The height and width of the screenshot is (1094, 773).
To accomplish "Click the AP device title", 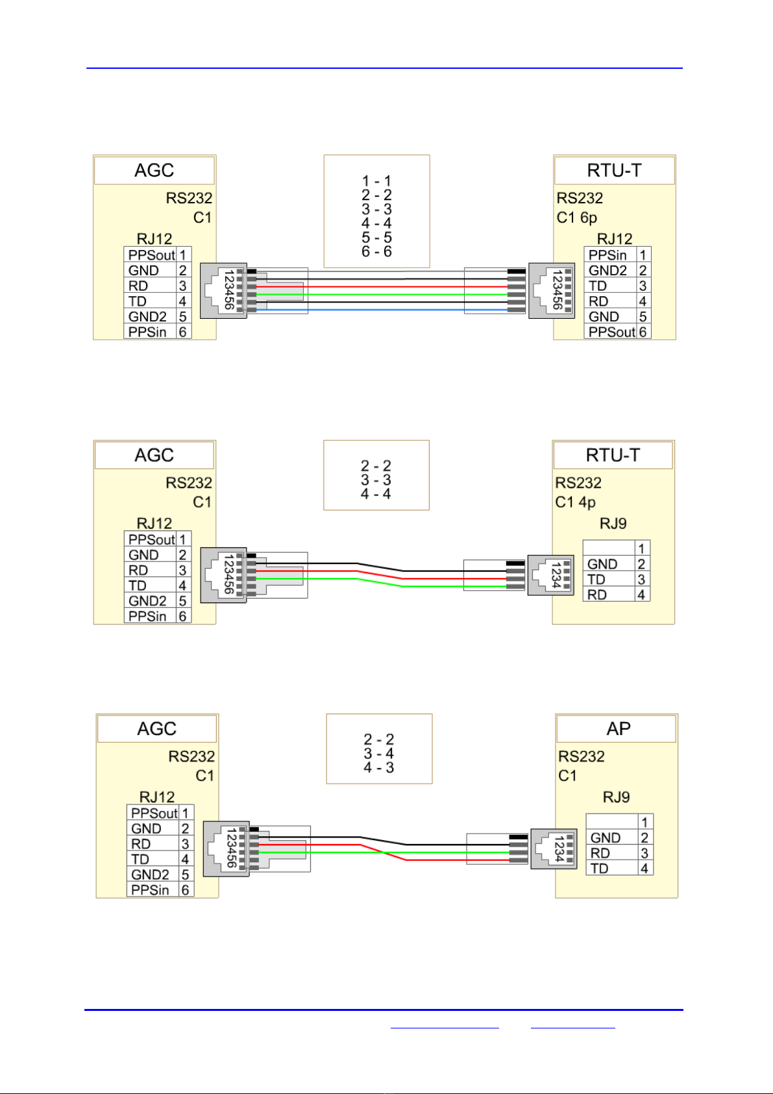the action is pos(618,728).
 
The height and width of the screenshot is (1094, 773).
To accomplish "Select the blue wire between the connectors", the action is pos(382,310).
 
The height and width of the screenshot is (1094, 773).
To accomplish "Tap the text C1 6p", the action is pos(577,218).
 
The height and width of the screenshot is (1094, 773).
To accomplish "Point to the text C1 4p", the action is pos(575,502).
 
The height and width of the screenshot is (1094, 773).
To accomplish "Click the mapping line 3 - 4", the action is pos(378,753).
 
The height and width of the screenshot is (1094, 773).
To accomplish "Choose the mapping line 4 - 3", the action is pos(378,767).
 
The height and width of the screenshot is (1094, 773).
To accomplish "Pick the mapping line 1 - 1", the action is pos(376,181).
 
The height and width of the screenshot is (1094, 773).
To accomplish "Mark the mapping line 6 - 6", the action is pos(376,251).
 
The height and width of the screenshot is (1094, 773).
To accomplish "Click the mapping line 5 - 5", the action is pos(376,238).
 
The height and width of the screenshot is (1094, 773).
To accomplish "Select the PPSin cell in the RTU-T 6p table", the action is pos(610,255).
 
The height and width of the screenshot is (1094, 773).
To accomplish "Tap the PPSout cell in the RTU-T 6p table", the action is pos(611,332).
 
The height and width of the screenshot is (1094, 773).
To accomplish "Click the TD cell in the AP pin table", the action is pos(612,868).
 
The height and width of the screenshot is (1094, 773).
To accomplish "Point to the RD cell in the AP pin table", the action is pos(612,853).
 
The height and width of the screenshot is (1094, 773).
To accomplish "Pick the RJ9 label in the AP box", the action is pos(616,797).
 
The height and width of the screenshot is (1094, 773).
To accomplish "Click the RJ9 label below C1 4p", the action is pos(613,523).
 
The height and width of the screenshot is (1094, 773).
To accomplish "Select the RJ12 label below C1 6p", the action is pos(614,239).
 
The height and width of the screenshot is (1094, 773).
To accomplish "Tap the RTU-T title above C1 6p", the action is pos(614,171).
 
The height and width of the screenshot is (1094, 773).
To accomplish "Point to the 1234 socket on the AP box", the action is pos(554,849).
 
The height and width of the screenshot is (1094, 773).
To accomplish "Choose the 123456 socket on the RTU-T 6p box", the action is pos(552,291).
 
